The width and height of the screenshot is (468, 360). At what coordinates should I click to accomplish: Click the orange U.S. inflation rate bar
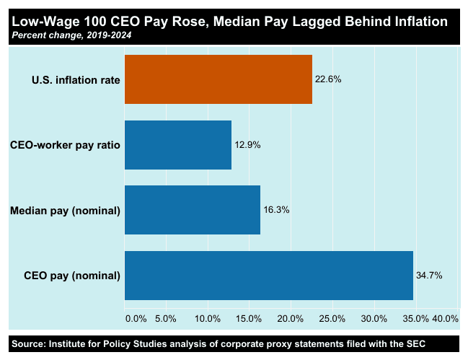coord(218,79)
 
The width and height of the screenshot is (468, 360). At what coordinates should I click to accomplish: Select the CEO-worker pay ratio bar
coord(178,145)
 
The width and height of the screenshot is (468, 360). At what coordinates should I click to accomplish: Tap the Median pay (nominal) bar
coord(193,210)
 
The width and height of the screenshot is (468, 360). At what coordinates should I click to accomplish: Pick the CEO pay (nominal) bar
coord(269,275)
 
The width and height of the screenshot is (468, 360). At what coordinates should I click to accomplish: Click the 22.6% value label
coord(328,79)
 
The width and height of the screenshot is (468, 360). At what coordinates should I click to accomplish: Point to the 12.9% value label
coord(247,145)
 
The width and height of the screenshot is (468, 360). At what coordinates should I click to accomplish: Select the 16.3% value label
coord(276,210)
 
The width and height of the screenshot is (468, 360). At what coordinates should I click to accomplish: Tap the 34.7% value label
coord(429,275)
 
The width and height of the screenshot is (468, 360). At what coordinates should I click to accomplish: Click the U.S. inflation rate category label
coord(76,80)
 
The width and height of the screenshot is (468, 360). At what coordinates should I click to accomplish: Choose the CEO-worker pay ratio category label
coord(65,145)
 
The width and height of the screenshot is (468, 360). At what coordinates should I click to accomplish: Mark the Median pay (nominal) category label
coord(65,211)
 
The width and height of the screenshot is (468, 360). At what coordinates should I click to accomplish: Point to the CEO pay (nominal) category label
coord(72,276)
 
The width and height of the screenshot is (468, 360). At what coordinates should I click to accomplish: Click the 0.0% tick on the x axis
coord(136,319)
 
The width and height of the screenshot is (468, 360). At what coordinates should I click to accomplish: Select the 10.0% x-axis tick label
coord(208,319)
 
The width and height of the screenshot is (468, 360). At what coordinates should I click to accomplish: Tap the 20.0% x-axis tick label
coord(290,319)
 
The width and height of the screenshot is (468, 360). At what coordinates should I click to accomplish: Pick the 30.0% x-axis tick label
coord(374,319)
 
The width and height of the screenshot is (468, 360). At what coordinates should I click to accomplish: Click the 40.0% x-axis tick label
coord(446,319)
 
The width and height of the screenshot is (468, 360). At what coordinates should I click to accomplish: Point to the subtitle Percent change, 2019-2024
coord(71,35)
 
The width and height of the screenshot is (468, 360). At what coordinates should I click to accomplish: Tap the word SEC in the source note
coord(416,344)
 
